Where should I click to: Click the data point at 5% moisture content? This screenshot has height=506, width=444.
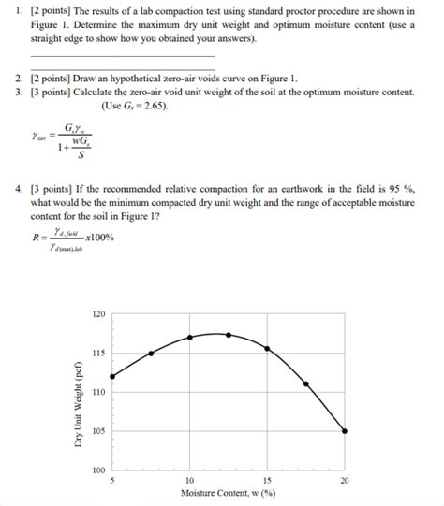tap(112, 376)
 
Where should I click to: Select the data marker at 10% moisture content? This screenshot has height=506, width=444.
tap(190, 337)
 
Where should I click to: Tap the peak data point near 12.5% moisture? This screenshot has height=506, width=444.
tap(229, 334)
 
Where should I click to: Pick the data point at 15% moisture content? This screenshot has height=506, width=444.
tap(268, 349)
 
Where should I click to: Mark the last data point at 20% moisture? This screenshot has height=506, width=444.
tap(345, 431)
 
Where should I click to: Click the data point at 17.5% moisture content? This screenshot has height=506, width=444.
tap(306, 383)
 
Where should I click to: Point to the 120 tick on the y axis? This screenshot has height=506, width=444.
tap(99, 314)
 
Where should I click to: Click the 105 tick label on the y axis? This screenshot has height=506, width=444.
tap(99, 431)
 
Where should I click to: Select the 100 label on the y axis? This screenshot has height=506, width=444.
tap(99, 470)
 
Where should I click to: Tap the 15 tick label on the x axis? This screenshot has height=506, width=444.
tap(267, 480)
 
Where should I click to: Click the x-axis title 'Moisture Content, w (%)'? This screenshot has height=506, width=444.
tap(228, 492)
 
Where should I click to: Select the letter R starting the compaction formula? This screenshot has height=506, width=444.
tap(34, 238)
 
